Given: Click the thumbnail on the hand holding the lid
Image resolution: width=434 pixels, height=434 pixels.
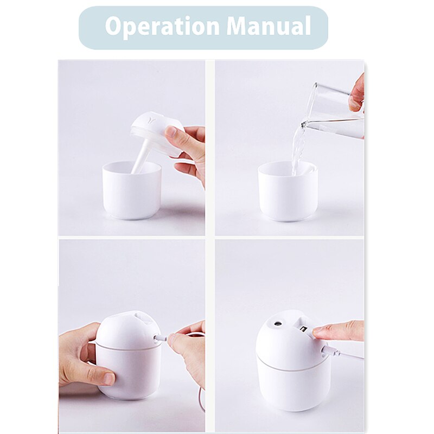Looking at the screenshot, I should coord(171,132).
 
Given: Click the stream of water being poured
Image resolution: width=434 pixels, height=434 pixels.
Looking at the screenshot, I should coord(298,149).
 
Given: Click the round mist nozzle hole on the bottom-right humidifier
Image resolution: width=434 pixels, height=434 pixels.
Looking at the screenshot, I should coord(278,323).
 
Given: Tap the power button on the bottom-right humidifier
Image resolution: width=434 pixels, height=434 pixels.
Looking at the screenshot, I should coord(304,329).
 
